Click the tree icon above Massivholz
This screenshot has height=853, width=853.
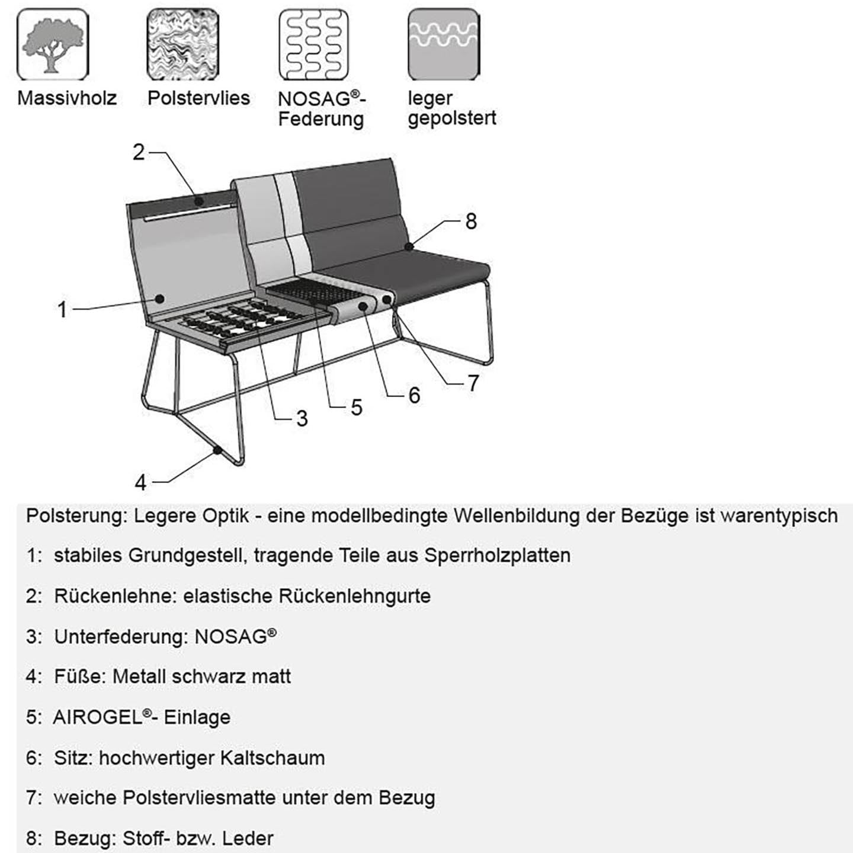53,44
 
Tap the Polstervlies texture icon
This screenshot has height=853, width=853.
182,44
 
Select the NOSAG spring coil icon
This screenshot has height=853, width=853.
313,44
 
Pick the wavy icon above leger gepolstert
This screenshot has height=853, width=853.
444,44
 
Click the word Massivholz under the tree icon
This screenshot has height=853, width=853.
67,98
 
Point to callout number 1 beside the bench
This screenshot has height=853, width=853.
62,310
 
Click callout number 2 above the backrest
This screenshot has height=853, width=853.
139,153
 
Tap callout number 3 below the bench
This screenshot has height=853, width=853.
302,419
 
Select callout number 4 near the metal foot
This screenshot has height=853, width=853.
140,483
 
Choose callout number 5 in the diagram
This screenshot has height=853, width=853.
356,408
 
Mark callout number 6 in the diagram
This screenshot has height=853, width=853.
414,396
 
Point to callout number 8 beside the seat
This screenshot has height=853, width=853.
471,222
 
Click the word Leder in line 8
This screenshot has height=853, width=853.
251,839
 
